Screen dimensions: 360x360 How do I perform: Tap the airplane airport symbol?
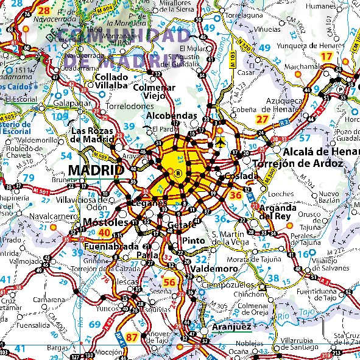(219, 142)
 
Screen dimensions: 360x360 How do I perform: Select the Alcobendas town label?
(173, 115)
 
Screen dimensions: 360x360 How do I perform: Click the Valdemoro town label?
(213, 269)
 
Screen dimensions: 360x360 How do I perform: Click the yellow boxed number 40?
(104, 233)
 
